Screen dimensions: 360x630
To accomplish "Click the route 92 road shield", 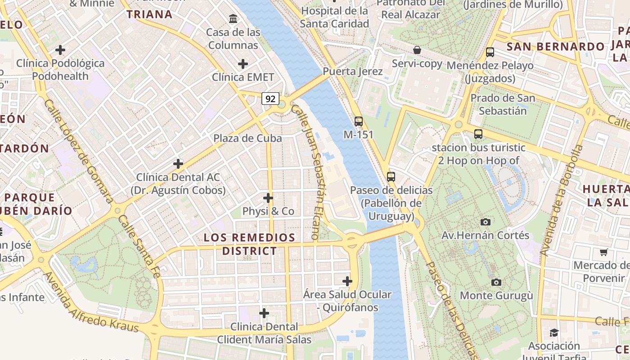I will [270, 99].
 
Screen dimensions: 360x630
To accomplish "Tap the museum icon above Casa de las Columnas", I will [233, 19].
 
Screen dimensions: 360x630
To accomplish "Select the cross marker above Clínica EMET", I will [243, 64].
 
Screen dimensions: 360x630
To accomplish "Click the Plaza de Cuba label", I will [247, 138].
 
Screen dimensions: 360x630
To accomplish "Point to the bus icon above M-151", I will [358, 121].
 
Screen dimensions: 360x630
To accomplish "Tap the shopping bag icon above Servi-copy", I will [417, 50].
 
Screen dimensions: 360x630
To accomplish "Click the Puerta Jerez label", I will [353, 72].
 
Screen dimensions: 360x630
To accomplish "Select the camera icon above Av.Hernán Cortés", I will [485, 222].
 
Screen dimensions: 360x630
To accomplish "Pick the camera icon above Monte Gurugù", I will [496, 282].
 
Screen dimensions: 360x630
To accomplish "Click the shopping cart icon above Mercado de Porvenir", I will [603, 252].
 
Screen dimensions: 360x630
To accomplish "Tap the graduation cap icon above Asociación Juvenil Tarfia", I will [554, 333].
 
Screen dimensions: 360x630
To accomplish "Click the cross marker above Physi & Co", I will [268, 198].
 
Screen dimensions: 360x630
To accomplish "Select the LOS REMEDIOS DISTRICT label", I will [249, 244].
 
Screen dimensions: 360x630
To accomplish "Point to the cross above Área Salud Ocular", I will [347, 281].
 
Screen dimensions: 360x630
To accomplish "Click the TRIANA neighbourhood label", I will [149, 14].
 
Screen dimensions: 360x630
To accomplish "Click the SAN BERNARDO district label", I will [555, 47].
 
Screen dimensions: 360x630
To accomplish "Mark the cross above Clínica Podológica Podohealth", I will [60, 50].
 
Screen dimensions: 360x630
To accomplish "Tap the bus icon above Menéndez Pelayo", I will [490, 52].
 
